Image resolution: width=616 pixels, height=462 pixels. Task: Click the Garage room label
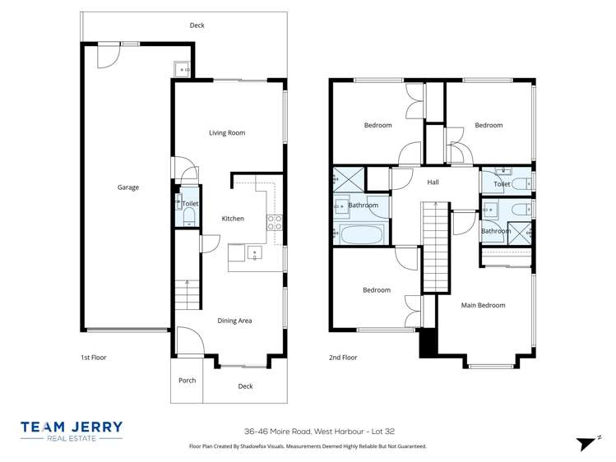pyautogui.click(x=127, y=187)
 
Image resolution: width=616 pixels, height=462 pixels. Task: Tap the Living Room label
pyautogui.click(x=227, y=132)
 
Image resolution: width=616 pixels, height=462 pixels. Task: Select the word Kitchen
pyautogui.click(x=233, y=219)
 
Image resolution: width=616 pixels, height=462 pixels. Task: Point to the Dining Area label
pyautogui.click(x=234, y=321)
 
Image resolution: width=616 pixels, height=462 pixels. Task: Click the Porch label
pyautogui.click(x=187, y=380)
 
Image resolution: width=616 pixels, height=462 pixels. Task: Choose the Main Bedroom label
pyautogui.click(x=483, y=305)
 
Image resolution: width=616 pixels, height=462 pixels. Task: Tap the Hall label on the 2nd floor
pyautogui.click(x=433, y=182)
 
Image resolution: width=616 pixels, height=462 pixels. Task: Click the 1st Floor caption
pyautogui.click(x=93, y=358)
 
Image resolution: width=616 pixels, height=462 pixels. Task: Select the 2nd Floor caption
pyautogui.click(x=343, y=358)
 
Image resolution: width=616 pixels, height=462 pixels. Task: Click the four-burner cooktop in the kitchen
pyautogui.click(x=275, y=220)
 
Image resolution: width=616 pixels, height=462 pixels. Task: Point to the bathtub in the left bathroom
pyautogui.click(x=361, y=235)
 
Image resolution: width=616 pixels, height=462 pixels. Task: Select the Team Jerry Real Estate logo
pyautogui.click(x=72, y=431)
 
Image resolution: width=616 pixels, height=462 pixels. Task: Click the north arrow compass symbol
pyautogui.click(x=586, y=443)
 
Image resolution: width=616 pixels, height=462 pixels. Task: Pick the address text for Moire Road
pyautogui.click(x=308, y=430)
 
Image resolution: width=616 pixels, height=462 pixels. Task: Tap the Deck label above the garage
pyautogui.click(x=197, y=25)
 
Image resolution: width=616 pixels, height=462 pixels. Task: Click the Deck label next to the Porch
pyautogui.click(x=245, y=386)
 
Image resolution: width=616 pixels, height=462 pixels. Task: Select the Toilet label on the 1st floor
pyautogui.click(x=190, y=203)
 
